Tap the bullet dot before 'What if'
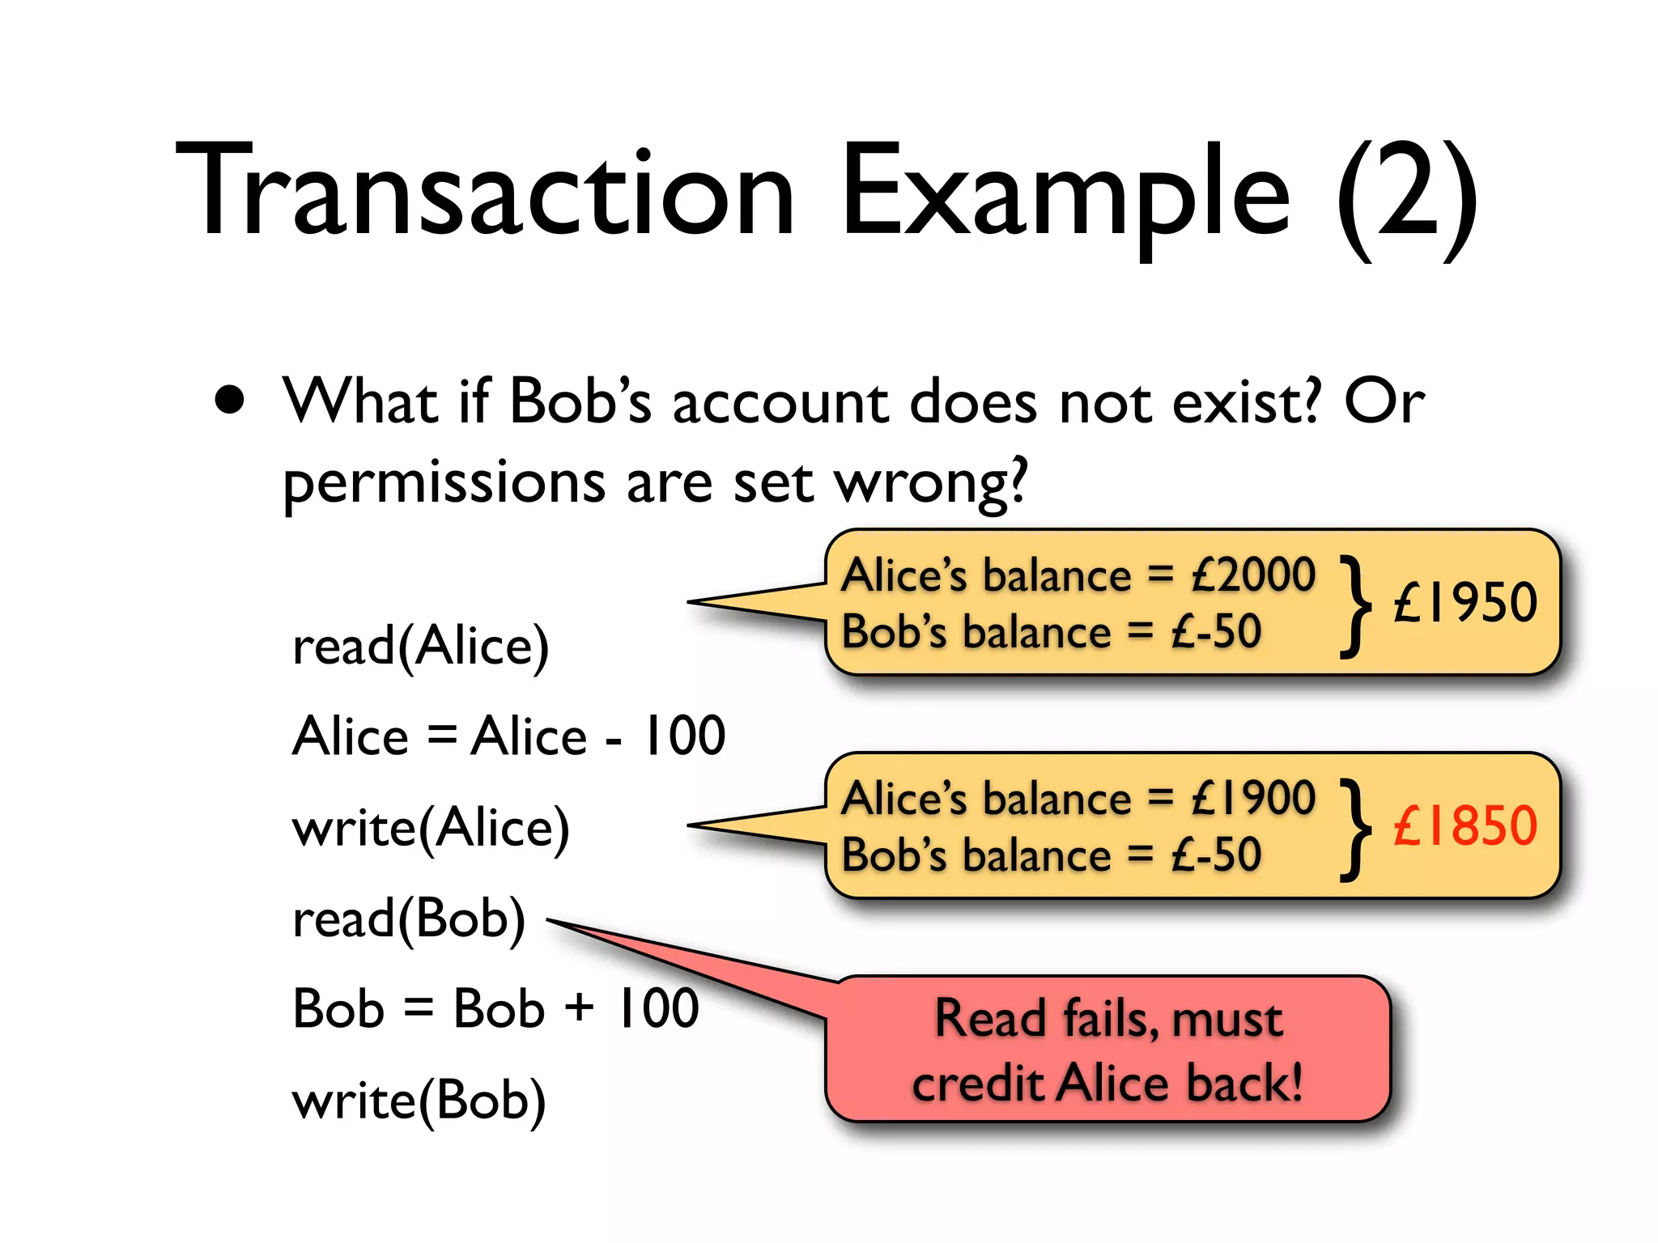[x=230, y=400]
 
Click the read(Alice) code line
[x=420, y=647]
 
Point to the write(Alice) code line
[x=431, y=828]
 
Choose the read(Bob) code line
[x=409, y=919]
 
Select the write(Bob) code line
[x=419, y=1101]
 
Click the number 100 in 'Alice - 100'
[x=683, y=736]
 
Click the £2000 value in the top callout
[x=1253, y=575]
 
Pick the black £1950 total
[x=1465, y=602]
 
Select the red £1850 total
[x=1465, y=825]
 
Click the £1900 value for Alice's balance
[x=1253, y=798]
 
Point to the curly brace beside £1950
[x=1355, y=605]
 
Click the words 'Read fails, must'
[x=1108, y=1018]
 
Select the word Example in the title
[x=1065, y=194]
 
